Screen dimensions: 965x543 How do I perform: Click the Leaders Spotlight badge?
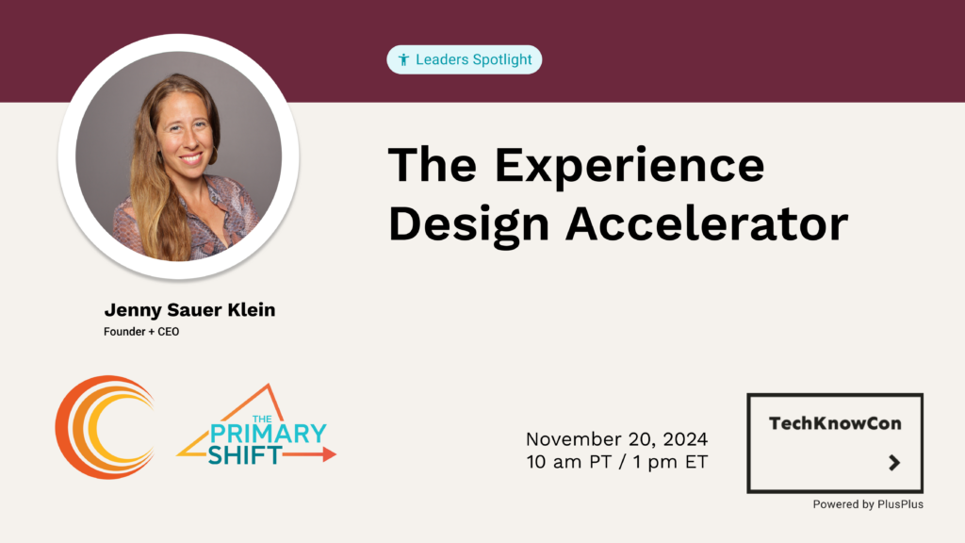(x=464, y=59)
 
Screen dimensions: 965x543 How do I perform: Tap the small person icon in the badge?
(x=403, y=59)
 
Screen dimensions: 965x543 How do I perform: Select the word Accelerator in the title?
(x=707, y=223)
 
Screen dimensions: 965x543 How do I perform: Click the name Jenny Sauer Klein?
(x=189, y=309)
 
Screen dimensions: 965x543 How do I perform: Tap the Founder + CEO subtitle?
(x=141, y=332)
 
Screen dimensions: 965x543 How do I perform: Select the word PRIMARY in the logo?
(x=268, y=434)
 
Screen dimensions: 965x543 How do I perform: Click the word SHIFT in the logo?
(x=245, y=455)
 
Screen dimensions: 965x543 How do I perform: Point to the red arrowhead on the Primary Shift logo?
(x=329, y=454)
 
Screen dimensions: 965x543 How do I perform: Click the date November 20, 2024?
(x=616, y=439)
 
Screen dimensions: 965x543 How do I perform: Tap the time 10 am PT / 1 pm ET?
(x=616, y=462)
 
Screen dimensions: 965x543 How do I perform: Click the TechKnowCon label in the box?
(x=835, y=423)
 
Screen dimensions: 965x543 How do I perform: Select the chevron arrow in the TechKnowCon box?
(x=895, y=462)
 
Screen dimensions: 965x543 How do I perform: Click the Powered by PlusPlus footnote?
(x=868, y=504)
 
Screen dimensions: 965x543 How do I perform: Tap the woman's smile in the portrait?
(x=191, y=158)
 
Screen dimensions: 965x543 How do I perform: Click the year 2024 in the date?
(x=685, y=439)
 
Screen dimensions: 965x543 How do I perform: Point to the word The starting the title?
(x=433, y=164)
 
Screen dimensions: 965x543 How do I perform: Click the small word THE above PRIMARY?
(x=262, y=419)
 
